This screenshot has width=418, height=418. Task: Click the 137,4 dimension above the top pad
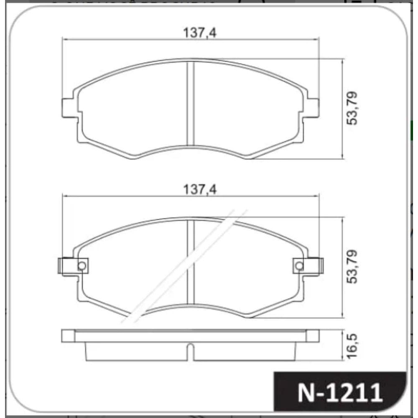point(200,33)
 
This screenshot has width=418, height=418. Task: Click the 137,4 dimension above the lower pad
point(200,189)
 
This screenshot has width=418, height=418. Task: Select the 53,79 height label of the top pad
point(352,108)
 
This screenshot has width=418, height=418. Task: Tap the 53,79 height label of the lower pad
point(352,267)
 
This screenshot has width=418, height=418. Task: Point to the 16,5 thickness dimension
point(352,346)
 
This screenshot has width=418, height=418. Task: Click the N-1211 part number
point(340,393)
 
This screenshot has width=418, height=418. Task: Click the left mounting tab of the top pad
point(70,108)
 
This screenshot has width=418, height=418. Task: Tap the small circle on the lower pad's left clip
point(82,266)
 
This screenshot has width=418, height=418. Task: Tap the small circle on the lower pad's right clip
point(299,266)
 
